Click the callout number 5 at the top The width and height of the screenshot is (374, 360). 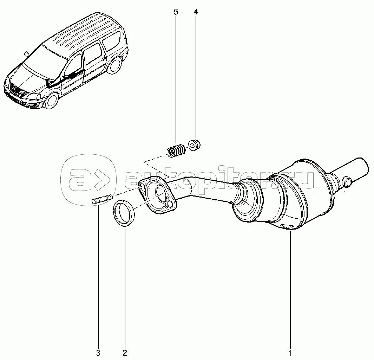click(x=176, y=12)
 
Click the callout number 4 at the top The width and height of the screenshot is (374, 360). click(x=196, y=12)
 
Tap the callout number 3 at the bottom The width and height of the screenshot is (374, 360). click(x=98, y=353)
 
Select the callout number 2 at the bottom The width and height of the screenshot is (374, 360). click(x=125, y=353)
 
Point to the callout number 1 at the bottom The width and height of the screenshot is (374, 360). click(x=290, y=353)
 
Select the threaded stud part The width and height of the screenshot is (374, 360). click(x=102, y=199)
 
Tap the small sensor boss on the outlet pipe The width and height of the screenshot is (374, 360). click(x=347, y=182)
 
